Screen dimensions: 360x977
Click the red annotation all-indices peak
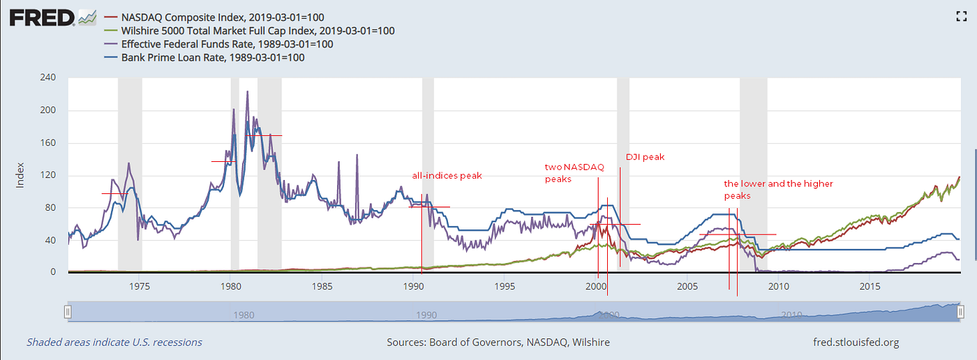pos(447,176)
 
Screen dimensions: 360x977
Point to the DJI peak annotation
pos(645,157)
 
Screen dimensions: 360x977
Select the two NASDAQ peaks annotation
pos(574,173)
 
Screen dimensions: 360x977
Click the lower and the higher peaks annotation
pos(777,190)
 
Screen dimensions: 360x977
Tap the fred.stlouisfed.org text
pos(856,342)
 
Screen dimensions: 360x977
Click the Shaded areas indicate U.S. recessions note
pos(114,342)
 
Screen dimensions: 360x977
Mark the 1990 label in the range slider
pos(426,315)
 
